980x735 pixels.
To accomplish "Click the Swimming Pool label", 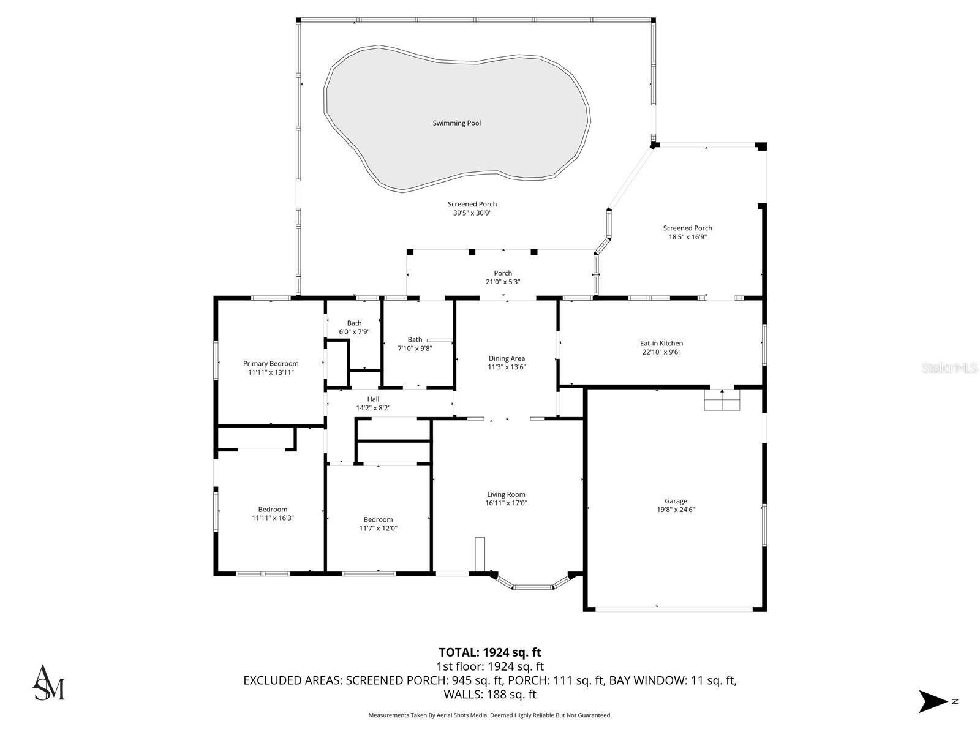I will click(457, 123).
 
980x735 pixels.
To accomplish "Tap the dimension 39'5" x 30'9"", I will click(472, 213).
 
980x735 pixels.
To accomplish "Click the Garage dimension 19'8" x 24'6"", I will click(676, 510).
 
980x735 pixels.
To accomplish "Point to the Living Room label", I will click(506, 494).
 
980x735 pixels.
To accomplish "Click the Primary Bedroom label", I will click(271, 364).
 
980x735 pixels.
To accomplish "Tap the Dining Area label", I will click(507, 359).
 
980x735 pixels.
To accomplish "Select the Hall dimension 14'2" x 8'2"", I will click(373, 408).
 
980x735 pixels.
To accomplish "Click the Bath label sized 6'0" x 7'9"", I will click(354, 323).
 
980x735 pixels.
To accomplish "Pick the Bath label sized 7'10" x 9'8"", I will click(415, 340).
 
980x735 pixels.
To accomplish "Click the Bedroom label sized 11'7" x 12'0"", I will click(378, 520).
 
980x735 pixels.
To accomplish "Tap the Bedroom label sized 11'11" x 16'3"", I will click(273, 510).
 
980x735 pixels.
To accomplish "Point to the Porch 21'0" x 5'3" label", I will click(503, 274).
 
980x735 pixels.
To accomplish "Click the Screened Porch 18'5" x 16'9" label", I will click(687, 228).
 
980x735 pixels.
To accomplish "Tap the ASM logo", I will click(48, 682).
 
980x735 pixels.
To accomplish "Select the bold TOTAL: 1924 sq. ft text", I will click(490, 652).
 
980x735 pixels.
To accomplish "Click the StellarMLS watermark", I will click(950, 368).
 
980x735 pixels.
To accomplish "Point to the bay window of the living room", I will click(532, 586).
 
